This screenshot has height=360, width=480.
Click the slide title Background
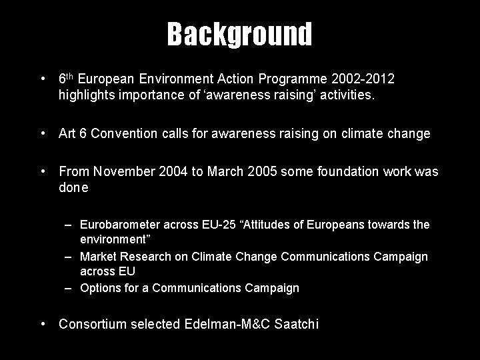[239, 34]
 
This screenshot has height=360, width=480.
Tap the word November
[123, 172]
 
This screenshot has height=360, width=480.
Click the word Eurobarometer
[120, 225]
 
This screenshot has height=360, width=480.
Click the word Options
[99, 288]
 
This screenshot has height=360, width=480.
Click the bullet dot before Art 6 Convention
[43, 134]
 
